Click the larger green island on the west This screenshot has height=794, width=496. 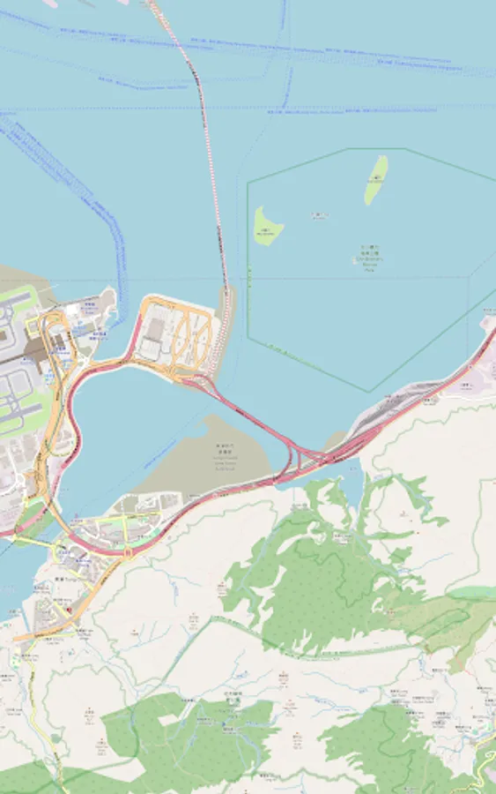(x=268, y=226)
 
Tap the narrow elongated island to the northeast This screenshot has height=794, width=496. (x=376, y=179)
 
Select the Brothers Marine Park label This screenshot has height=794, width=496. (x=369, y=256)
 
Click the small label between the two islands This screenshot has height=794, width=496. (x=319, y=214)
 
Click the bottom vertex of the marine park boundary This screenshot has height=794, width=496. (x=369, y=391)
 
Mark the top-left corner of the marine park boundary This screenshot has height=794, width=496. (x=248, y=181)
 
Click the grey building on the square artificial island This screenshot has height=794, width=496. (x=155, y=329)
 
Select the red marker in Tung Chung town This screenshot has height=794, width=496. (x=69, y=610)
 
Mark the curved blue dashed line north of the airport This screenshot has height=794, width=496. (x=115, y=238)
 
